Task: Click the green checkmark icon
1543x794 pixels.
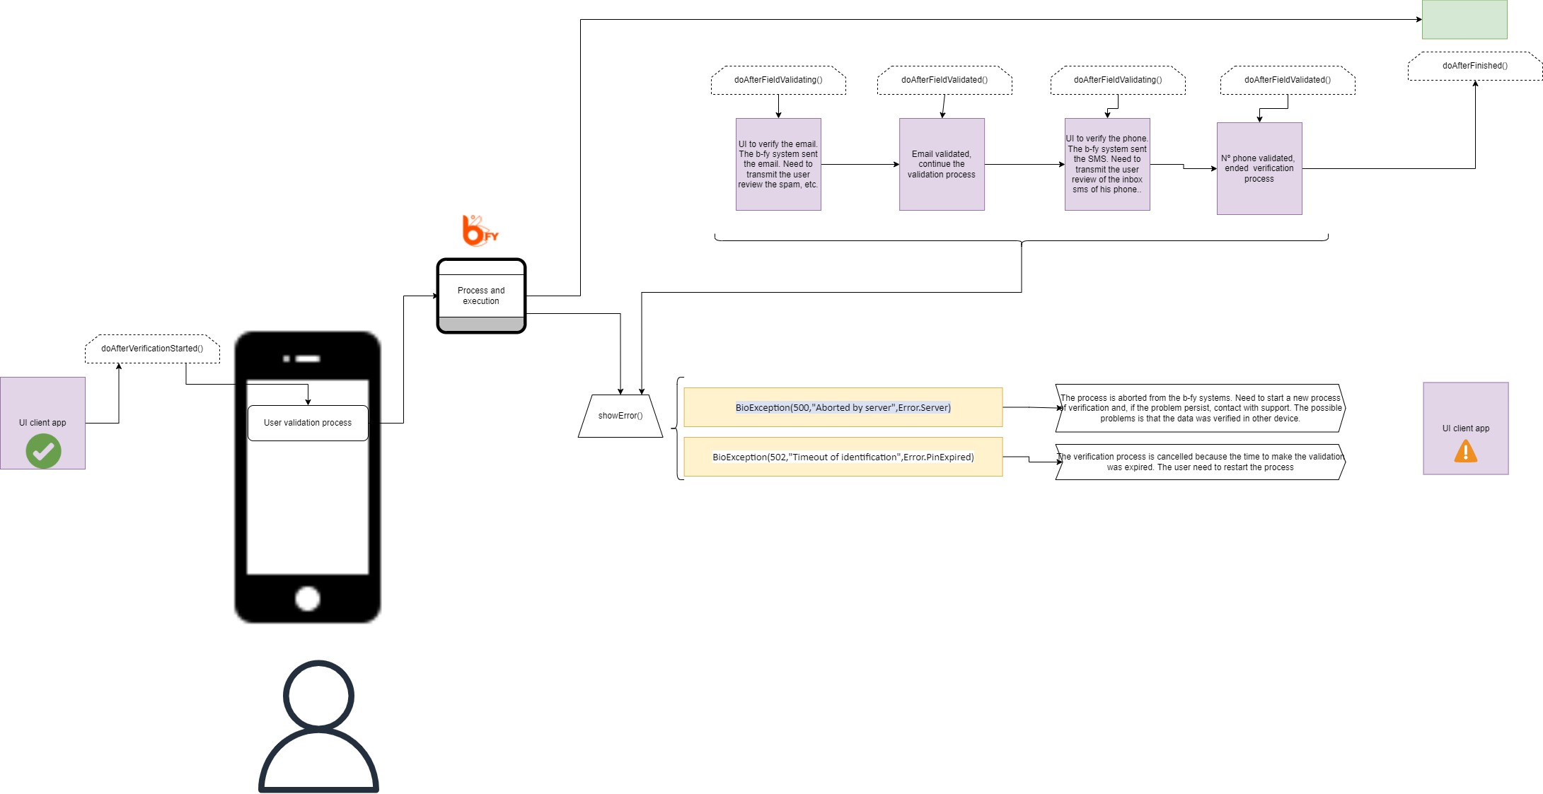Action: click(43, 451)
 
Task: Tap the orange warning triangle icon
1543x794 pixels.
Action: click(1465, 451)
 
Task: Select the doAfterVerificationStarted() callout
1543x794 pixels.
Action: click(152, 349)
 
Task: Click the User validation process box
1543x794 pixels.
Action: click(308, 423)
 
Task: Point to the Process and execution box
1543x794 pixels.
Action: click(481, 296)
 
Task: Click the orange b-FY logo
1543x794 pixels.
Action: click(480, 230)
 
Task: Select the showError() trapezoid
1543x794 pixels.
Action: click(620, 416)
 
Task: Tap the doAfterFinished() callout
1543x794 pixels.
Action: click(1475, 66)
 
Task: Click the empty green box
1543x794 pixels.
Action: click(1464, 19)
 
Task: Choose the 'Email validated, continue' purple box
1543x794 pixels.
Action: click(942, 164)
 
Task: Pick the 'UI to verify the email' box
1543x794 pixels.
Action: click(778, 164)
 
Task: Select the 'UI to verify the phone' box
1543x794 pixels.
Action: click(1107, 164)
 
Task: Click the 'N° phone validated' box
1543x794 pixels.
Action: click(1259, 168)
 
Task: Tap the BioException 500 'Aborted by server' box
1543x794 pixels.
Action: click(843, 407)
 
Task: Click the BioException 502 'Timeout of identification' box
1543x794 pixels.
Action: click(843, 457)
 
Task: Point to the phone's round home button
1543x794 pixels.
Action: click(308, 598)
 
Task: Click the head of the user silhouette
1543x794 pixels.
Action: click(318, 696)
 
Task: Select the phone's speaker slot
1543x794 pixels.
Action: click(308, 358)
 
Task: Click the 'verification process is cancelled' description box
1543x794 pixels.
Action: click(1201, 462)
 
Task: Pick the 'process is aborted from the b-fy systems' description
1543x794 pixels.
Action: click(1201, 408)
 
